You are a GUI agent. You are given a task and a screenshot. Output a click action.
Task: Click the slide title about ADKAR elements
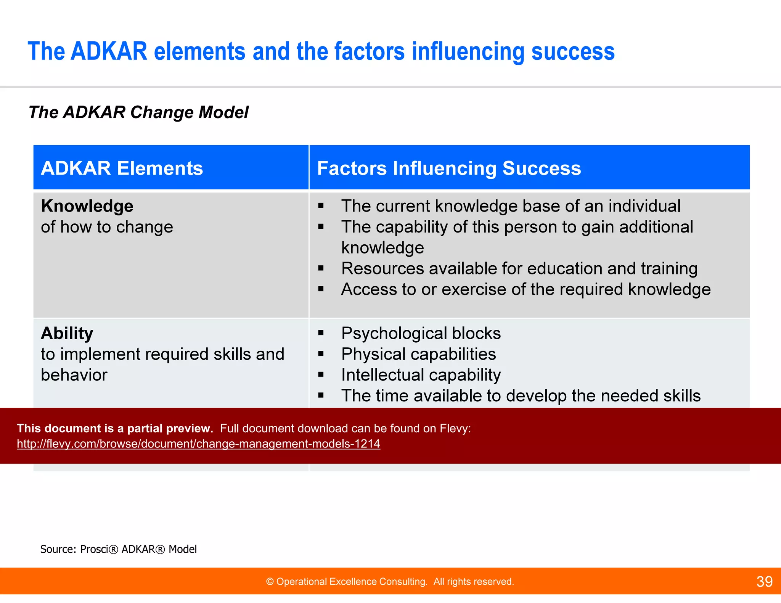(x=321, y=51)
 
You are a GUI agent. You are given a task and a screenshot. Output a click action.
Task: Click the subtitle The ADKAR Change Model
(x=138, y=112)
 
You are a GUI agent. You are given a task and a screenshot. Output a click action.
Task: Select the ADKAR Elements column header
(x=122, y=168)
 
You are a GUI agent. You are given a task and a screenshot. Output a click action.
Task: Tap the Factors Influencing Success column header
(x=449, y=168)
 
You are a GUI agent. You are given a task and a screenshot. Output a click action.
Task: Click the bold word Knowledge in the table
(x=87, y=206)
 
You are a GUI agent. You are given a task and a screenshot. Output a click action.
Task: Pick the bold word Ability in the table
(x=67, y=333)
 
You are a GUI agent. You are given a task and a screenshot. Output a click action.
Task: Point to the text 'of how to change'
(x=107, y=227)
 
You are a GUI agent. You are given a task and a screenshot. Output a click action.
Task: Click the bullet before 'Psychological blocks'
(x=321, y=333)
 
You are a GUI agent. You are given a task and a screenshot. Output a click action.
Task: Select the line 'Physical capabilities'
(x=418, y=354)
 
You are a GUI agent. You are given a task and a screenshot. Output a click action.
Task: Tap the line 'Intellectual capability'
(x=421, y=375)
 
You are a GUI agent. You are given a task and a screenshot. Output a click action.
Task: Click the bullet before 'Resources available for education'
(x=321, y=268)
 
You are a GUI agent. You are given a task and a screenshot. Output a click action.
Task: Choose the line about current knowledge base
(x=511, y=206)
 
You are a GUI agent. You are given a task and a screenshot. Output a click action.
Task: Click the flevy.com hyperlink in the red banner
(x=198, y=444)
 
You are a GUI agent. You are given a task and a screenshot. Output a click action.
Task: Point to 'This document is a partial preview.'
(x=115, y=428)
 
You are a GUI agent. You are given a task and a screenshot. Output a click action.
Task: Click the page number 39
(x=764, y=582)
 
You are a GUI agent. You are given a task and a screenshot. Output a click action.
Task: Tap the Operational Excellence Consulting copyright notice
(x=390, y=582)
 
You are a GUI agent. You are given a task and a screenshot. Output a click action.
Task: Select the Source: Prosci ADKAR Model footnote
(x=118, y=549)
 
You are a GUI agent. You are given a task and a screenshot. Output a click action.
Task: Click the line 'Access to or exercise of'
(x=525, y=289)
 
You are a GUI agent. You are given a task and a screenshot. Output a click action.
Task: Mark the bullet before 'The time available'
(x=321, y=396)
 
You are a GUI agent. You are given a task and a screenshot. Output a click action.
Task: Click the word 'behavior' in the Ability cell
(x=74, y=375)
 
